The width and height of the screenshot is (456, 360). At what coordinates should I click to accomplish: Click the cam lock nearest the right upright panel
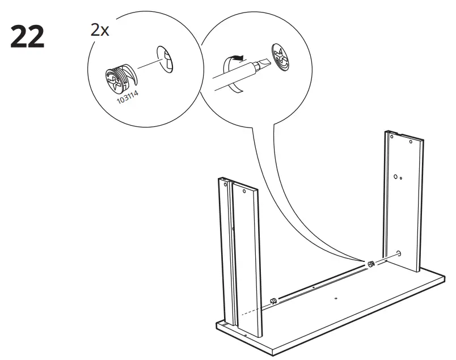pos(370,264)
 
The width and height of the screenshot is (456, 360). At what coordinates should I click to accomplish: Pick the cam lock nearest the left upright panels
pos(273,300)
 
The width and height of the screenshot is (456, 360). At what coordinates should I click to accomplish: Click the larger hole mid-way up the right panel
pos(395,177)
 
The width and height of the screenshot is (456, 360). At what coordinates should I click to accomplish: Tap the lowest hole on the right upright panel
pos(399,253)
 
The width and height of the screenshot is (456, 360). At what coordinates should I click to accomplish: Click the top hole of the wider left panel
pos(244,192)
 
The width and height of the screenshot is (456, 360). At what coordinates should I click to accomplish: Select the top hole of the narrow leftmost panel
pos(225,184)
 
